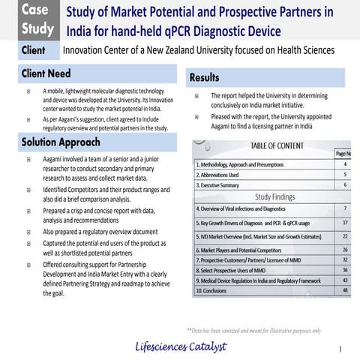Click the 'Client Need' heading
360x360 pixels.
tap(46, 74)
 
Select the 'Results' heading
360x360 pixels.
tap(205, 77)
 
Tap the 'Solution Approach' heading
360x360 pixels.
tap(61, 142)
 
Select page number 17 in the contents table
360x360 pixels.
tap(344, 223)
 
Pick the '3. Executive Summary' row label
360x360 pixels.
tap(217, 184)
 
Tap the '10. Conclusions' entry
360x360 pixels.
tap(214, 290)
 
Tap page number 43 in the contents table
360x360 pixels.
tap(344, 280)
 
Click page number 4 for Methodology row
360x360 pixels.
tap(344, 163)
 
